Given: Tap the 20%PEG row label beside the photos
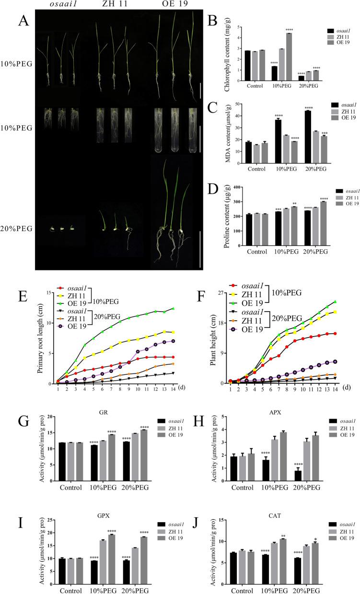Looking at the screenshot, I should pos(17,229).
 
